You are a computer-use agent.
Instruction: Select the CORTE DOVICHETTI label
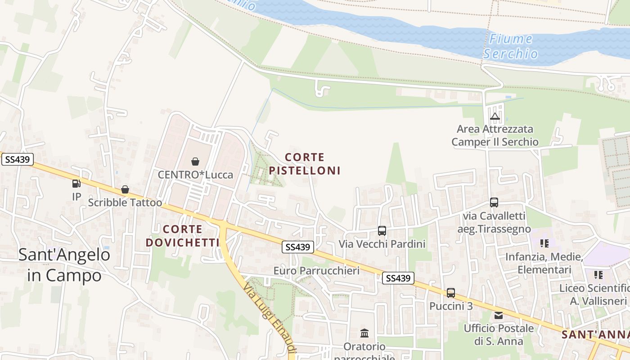click(182, 236)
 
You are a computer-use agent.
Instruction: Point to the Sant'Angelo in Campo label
click(64, 265)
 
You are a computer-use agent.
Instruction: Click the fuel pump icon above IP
click(76, 184)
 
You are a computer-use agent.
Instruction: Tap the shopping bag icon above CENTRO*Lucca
click(195, 161)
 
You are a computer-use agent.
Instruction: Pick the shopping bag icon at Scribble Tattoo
click(125, 190)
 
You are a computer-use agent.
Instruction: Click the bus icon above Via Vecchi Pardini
click(382, 231)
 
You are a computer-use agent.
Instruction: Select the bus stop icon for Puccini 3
click(451, 293)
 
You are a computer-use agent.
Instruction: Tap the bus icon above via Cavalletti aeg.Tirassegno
click(494, 202)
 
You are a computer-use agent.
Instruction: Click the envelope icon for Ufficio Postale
click(499, 315)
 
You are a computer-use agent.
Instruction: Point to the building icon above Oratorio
click(364, 333)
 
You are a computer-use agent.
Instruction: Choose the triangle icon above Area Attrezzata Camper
click(495, 117)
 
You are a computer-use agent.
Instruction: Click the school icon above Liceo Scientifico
click(598, 274)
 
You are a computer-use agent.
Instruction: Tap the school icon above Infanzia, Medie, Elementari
click(544, 243)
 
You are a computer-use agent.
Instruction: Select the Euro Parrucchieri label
click(316, 270)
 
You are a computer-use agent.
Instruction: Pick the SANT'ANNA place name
click(595, 335)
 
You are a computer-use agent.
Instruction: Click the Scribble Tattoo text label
click(125, 202)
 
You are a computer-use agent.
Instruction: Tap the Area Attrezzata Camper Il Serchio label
click(495, 135)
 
